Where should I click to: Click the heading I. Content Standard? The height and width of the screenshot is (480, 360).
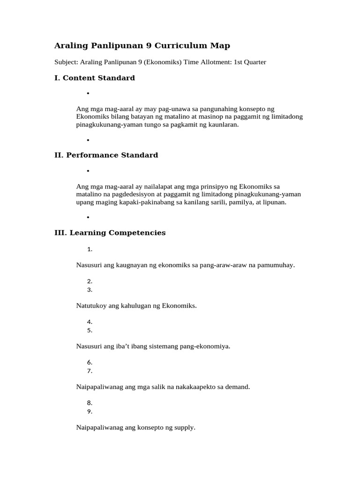point(95,78)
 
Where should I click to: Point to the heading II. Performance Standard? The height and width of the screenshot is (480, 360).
point(106,155)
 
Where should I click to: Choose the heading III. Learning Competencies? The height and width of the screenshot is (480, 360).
point(110,232)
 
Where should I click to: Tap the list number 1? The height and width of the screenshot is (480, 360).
point(90,249)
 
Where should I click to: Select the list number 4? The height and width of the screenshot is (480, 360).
point(90,322)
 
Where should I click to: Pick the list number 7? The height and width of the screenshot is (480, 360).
point(90,371)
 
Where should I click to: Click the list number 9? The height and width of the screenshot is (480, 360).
point(90,412)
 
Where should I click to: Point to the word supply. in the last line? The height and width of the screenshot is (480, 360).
point(184,427)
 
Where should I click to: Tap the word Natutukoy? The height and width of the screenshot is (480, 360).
point(91,306)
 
